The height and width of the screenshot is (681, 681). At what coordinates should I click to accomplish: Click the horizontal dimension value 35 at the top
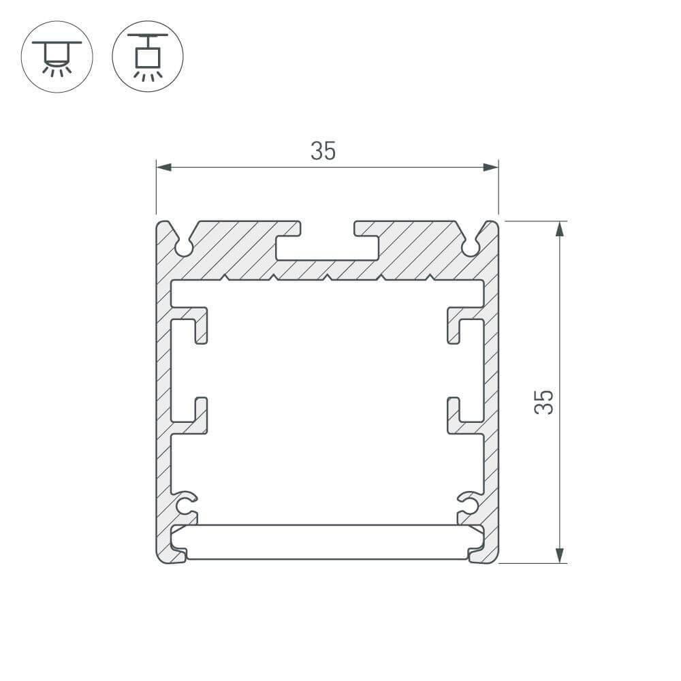tap(323, 151)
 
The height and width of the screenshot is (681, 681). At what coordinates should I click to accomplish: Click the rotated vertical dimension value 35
tap(544, 402)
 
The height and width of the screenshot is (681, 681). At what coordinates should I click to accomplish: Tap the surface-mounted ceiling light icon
tap(57, 54)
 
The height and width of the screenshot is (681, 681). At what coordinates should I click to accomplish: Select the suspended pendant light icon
tap(147, 54)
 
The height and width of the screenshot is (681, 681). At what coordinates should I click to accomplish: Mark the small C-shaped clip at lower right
tap(468, 504)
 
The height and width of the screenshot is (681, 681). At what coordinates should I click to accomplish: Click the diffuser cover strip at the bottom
tap(327, 542)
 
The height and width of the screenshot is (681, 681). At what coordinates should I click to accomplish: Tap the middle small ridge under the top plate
tap(327, 277)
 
